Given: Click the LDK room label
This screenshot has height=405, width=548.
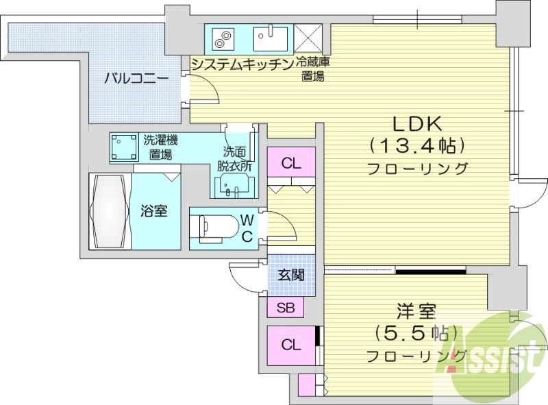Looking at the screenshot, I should [419, 124].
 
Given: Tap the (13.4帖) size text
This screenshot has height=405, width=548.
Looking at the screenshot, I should [418, 146].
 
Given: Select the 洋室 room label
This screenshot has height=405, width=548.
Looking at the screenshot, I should [416, 312].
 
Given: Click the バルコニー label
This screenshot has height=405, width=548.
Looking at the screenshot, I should [136, 79].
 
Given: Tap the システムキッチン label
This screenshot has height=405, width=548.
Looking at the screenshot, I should [242, 64].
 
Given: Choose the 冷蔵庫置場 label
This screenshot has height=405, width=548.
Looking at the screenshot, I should [312, 69].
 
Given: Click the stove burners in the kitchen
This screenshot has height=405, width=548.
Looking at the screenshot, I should [224, 38].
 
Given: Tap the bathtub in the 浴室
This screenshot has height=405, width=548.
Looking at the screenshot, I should [109, 212].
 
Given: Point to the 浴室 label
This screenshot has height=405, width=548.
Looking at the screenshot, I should [155, 211].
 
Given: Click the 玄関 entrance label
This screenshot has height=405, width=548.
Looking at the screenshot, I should [291, 275].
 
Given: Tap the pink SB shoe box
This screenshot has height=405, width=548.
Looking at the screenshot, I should [286, 308].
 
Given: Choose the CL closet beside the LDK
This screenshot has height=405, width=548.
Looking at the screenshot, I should [291, 164].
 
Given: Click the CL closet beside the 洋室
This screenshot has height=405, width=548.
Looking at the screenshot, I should [290, 345].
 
